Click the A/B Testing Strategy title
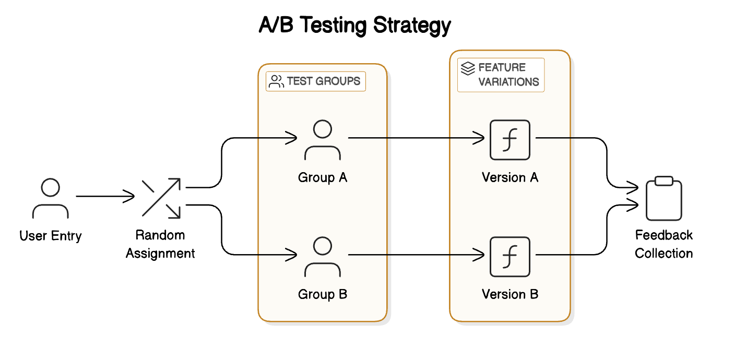pos(355,25)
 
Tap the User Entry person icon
pos(50,198)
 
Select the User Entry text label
pos(51,236)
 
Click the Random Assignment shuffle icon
pos(161,197)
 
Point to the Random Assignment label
pos(160,244)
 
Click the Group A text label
pos(323,178)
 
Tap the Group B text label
pos(323,295)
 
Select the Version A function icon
pos(510,140)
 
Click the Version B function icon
pos(510,257)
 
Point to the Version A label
pos(510,178)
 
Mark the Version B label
pos(510,295)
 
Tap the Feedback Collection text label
pos(664,244)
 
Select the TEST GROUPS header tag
pos(316,81)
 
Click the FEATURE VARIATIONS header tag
pos(501,75)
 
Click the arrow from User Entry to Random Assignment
pos(104,197)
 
